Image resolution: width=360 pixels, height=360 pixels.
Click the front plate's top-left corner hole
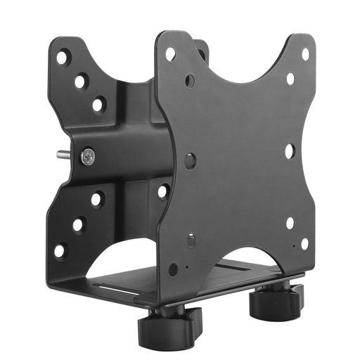(x=170, y=53)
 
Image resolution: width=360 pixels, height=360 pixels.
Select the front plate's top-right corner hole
(x=305, y=54)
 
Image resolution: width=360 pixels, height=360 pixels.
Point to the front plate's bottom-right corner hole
(x=304, y=243)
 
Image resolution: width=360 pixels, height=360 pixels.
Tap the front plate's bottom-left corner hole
(x=173, y=268)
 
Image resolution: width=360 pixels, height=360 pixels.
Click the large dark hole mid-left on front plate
(x=190, y=160)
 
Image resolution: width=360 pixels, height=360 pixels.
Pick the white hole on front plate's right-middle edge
(x=290, y=151)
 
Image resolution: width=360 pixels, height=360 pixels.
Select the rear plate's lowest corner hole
(x=60, y=249)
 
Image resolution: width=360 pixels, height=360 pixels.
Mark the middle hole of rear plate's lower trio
(x=78, y=225)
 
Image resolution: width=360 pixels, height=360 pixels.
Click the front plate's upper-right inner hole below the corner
(x=290, y=79)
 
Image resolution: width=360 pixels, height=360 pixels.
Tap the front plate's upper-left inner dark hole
(x=190, y=81)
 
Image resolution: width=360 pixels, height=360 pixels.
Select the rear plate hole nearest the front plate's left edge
(x=163, y=191)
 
